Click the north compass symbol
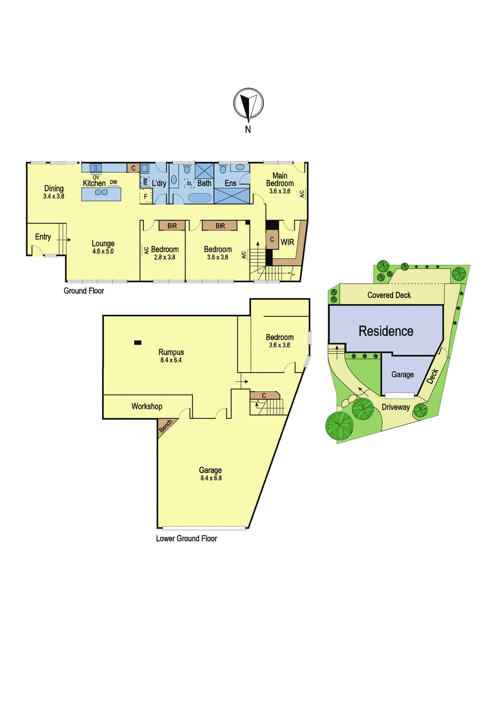[x=249, y=104]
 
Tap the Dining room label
[x=54, y=188]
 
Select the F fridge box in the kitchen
[x=146, y=197]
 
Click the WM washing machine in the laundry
[x=145, y=182]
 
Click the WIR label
[x=287, y=242]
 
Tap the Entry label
[x=43, y=237]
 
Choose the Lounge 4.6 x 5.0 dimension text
[x=103, y=252]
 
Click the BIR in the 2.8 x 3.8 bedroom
[x=172, y=226]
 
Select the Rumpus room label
[x=171, y=352]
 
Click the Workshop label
[x=147, y=407]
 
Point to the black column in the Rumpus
[x=138, y=343]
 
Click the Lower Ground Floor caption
[x=186, y=539]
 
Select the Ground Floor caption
[x=84, y=291]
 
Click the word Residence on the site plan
[x=386, y=331]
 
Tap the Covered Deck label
[x=389, y=295]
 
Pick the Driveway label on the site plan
[x=396, y=407]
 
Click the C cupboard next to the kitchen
[x=134, y=168]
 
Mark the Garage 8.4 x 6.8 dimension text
[x=211, y=478]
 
